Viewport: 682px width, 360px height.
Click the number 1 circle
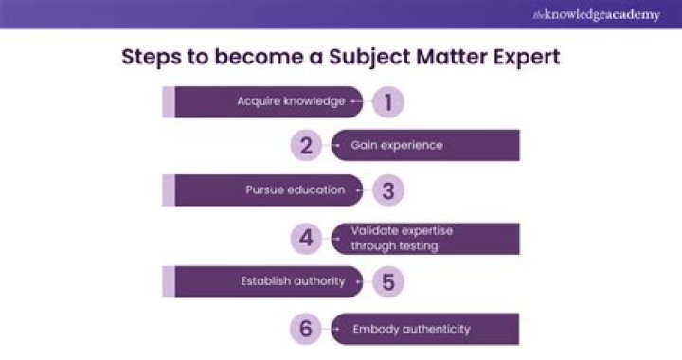(388, 101)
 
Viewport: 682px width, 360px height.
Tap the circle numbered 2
(306, 145)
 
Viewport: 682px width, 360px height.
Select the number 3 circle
(388, 190)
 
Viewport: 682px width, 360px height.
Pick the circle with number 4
(306, 238)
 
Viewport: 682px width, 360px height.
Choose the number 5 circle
(388, 281)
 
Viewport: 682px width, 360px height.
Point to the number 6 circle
(306, 329)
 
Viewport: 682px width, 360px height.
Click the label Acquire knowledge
(291, 101)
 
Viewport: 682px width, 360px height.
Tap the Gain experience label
(397, 145)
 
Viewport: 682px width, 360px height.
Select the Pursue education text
(296, 189)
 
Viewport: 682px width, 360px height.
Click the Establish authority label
(293, 280)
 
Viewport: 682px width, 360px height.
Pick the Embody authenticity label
(411, 329)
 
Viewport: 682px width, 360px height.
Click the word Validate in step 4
(375, 230)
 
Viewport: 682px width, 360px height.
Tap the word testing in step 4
(419, 246)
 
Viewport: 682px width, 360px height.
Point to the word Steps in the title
(152, 58)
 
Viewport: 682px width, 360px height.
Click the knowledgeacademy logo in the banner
(597, 15)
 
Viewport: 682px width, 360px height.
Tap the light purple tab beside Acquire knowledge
(169, 101)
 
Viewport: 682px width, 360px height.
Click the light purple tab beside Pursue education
(169, 190)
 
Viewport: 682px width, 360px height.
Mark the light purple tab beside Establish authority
(169, 281)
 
